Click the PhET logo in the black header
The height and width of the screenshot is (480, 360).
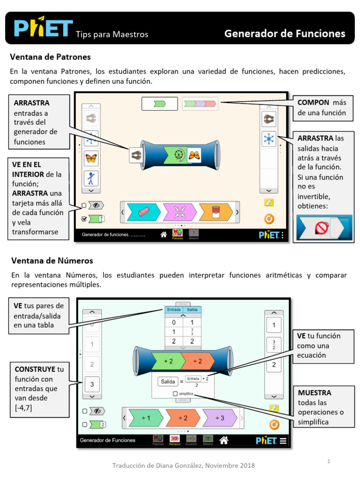pyautogui.click(x=44, y=28)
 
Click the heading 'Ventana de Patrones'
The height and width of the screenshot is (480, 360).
pyautogui.click(x=51, y=57)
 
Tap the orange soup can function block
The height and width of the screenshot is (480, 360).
pyautogui.click(x=216, y=212)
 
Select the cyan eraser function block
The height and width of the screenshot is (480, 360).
pyautogui.click(x=144, y=212)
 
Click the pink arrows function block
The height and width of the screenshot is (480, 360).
pyautogui.click(x=180, y=212)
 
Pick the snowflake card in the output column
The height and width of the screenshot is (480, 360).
pyautogui.click(x=269, y=139)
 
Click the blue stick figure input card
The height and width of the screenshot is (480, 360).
pyautogui.click(x=91, y=179)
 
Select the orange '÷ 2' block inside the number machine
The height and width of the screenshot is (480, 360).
pyautogui.click(x=197, y=361)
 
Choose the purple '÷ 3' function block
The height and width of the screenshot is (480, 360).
pyautogui.click(x=220, y=418)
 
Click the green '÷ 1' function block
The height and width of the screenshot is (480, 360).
pyautogui.click(x=147, y=418)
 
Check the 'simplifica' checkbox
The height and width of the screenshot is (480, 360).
pyautogui.click(x=175, y=394)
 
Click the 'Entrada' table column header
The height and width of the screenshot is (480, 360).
pyautogui.click(x=173, y=310)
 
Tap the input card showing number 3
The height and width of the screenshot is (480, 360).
pyautogui.click(x=92, y=385)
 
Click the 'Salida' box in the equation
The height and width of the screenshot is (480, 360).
pyautogui.click(x=168, y=382)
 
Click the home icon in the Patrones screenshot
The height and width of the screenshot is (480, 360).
pyautogui.click(x=164, y=234)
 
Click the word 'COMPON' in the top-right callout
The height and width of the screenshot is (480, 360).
pyautogui.click(x=314, y=103)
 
